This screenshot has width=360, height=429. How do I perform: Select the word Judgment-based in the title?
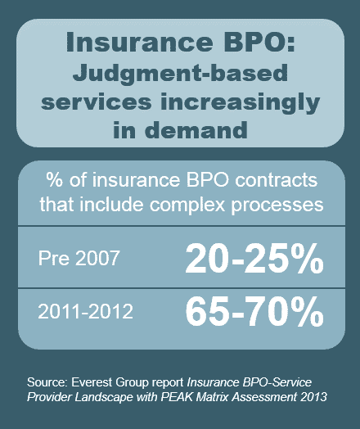pos(180,74)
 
